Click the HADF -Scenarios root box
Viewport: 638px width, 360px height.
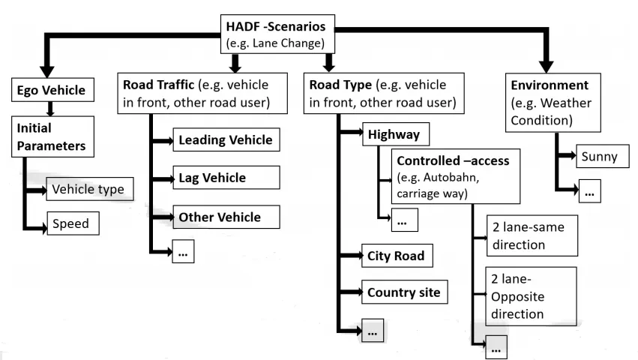pyautogui.click(x=277, y=34)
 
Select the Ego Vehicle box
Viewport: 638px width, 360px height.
pyautogui.click(x=52, y=89)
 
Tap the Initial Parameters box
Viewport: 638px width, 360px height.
pyautogui.click(x=52, y=136)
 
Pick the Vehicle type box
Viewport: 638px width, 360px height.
pyautogui.click(x=89, y=189)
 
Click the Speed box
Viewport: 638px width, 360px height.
pyautogui.click(x=73, y=223)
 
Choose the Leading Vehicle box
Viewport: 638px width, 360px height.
pyautogui.click(x=226, y=139)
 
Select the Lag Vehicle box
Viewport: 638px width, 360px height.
pyautogui.click(x=226, y=178)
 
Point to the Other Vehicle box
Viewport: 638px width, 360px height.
pyautogui.click(x=226, y=217)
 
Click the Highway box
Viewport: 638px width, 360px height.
pyautogui.click(x=396, y=134)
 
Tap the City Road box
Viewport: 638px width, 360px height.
pyautogui.click(x=397, y=256)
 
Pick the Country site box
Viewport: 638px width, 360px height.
pyautogui.click(x=404, y=292)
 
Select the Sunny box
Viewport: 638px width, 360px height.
pyautogui.click(x=603, y=156)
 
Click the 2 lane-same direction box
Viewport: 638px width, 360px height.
pyautogui.click(x=532, y=235)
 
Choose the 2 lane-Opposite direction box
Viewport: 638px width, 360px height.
pyautogui.click(x=531, y=296)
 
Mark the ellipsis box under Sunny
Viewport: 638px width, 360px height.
pyautogui.click(x=590, y=191)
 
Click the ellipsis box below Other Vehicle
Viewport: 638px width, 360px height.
pyautogui.click(x=183, y=251)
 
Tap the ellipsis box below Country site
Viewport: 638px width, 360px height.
pyautogui.click(x=373, y=330)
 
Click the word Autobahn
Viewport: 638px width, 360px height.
pyautogui.click(x=451, y=178)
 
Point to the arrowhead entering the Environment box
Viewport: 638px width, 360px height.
pyautogui.click(x=546, y=67)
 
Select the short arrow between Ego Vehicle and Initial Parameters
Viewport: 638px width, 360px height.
pyautogui.click(x=50, y=109)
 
